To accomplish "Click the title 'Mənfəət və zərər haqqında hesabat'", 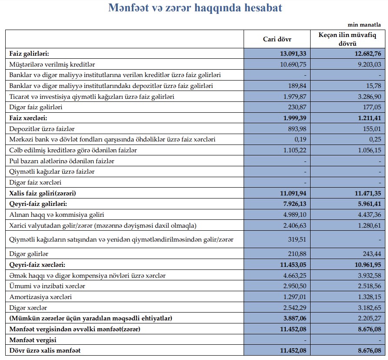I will (195, 8).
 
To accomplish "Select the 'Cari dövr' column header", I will (277, 39).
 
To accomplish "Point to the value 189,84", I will (297, 86).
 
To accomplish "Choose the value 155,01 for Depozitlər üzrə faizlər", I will (371, 128).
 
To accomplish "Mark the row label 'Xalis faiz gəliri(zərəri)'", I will (46, 193).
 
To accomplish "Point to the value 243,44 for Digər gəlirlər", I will (371, 254).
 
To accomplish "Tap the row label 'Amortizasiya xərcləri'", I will (40, 297).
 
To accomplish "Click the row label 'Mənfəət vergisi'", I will (33, 340).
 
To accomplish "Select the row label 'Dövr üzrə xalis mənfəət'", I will (45, 350).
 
